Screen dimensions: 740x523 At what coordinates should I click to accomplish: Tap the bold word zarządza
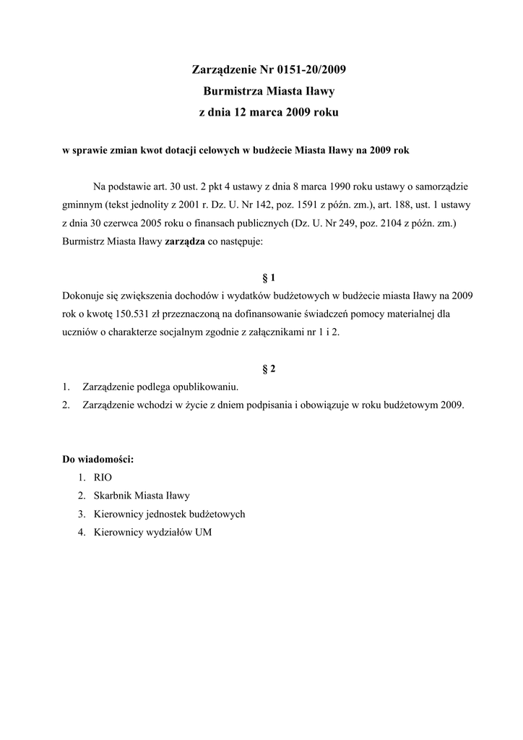pos(186,243)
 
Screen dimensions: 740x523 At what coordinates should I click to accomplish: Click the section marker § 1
pos(269,277)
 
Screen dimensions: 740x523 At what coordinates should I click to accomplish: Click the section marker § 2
pos(269,369)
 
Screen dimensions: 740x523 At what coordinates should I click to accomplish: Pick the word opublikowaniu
pos(204,387)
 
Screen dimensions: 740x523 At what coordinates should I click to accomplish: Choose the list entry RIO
pos(103,478)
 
